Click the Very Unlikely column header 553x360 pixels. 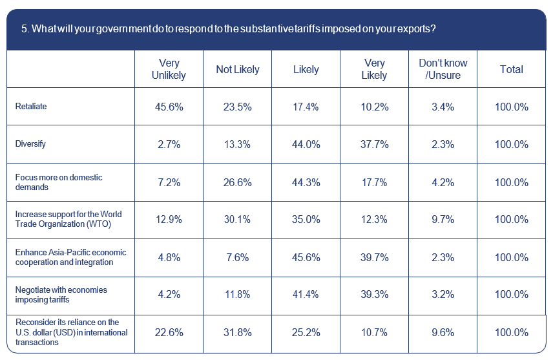coord(168,69)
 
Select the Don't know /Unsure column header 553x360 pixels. coord(443,69)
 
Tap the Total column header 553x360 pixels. coord(511,69)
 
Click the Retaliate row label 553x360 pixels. coord(31,107)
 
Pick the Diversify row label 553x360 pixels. coord(30,144)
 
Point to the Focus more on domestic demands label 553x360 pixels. coord(58,182)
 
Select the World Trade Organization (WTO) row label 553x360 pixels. coord(68,219)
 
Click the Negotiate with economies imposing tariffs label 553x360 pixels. coord(61,294)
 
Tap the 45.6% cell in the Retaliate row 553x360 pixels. coord(168,107)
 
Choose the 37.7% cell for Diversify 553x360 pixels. coord(374,144)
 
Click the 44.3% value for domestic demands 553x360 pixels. coord(306,182)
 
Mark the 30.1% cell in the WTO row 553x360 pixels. coord(237,219)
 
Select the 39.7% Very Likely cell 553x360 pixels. coord(374,257)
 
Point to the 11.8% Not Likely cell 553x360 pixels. coord(237,294)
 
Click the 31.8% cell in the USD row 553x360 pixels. coord(237,332)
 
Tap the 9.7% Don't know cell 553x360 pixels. coord(443,219)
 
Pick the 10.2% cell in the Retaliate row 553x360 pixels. coord(374,107)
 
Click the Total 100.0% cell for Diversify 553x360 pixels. coord(511,144)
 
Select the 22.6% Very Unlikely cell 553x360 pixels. coord(168,332)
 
